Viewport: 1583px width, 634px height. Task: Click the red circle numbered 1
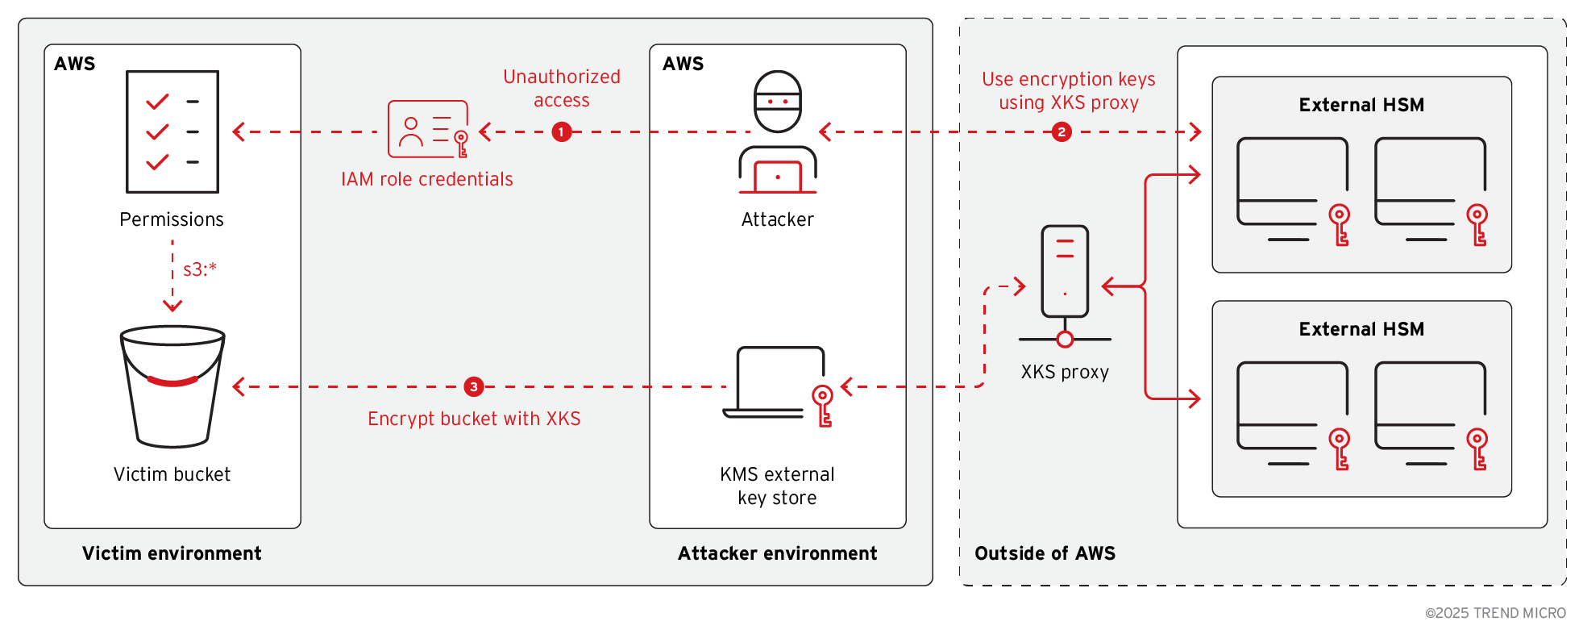562,131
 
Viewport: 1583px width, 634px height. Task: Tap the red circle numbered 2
1062,131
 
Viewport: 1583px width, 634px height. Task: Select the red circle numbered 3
474,386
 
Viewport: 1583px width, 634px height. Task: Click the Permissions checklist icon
172,131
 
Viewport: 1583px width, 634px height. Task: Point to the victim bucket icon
172,386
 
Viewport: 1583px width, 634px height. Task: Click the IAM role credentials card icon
428,129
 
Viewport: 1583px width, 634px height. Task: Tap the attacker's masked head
777,102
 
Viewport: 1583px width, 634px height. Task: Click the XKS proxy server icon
1065,272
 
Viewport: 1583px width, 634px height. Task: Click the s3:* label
200,269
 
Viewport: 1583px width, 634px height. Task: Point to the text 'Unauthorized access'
562,88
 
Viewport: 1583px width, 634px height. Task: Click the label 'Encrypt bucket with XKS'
474,419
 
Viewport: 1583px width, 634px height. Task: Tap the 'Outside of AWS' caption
1045,553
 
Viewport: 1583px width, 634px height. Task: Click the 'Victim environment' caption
172,553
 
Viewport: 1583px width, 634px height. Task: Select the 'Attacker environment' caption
777,553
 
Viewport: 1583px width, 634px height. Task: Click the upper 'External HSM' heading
1361,105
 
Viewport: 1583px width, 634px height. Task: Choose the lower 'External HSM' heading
1361,329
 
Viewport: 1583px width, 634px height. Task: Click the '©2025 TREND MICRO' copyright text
1495,613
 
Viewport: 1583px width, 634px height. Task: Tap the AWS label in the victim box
75,64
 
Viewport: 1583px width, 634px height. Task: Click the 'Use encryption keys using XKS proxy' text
1068,90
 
